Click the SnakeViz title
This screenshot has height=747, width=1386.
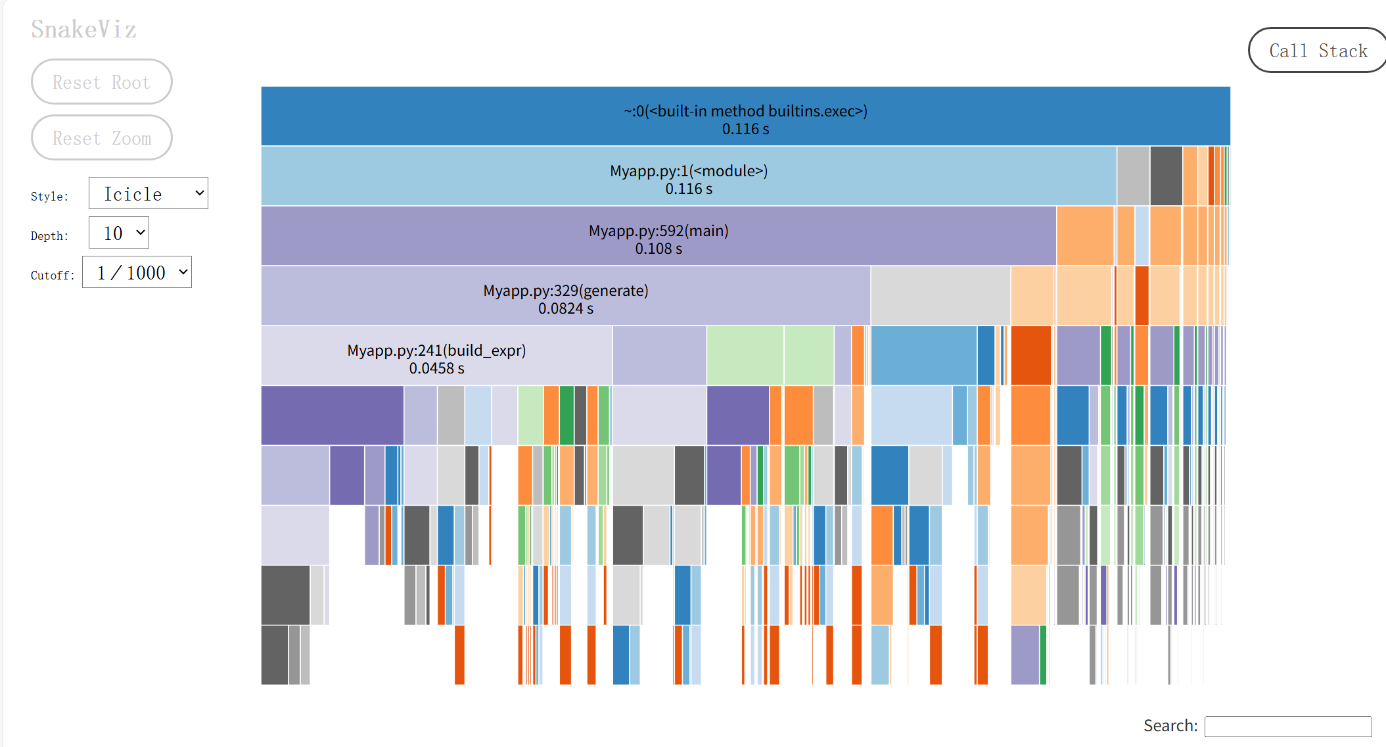[83, 30]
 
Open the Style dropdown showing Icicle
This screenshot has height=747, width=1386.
[148, 193]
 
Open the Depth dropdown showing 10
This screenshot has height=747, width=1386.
[119, 233]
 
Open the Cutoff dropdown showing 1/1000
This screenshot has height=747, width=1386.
[137, 272]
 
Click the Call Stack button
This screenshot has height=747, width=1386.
[1317, 51]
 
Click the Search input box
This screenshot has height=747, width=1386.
[1287, 726]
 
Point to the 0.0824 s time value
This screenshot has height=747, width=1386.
[566, 309]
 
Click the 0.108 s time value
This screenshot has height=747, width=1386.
[658, 249]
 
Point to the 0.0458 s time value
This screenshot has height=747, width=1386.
[436, 369]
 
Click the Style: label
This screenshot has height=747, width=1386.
[49, 197]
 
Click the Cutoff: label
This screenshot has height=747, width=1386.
[53, 276]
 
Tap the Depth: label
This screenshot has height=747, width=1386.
[49, 236]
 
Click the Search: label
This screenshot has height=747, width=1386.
[1170, 726]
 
